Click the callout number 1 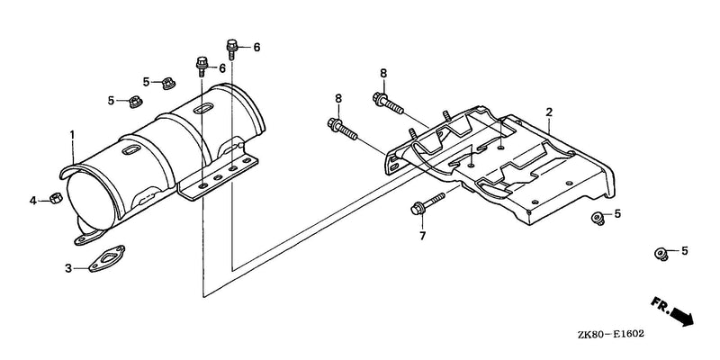point(72,135)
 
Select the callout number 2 point(549,112)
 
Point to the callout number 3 point(68,268)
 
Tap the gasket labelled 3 point(106,259)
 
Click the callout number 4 point(33,201)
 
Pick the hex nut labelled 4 point(56,198)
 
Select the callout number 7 point(422,236)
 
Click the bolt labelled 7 point(427,204)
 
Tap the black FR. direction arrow point(682,317)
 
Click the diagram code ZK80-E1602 point(611,334)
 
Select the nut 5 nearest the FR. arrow point(661,254)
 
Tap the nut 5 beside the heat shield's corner point(597,217)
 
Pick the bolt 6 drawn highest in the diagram point(232,49)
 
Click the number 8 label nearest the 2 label point(383,73)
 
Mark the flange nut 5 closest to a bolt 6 point(168,84)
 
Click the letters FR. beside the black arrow point(660,304)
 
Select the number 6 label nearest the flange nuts point(222,68)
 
